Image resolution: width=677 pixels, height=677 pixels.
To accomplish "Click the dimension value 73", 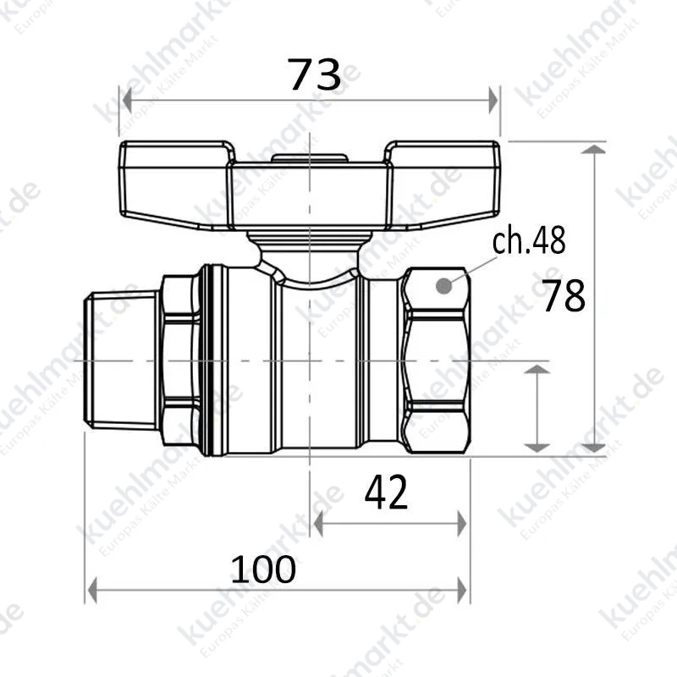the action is [314, 74].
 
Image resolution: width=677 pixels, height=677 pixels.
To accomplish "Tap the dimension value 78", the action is [564, 295].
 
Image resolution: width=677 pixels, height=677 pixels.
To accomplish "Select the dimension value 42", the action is [386, 493].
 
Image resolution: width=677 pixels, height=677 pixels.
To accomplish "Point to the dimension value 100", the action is [263, 569].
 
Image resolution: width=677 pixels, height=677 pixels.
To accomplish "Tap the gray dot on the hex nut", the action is [443, 285].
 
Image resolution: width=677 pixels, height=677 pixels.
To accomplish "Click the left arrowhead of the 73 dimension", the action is [127, 100].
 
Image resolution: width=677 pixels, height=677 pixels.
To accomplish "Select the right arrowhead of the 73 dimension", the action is [493, 100].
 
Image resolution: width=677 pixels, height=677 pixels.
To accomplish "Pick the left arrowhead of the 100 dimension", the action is [92, 591].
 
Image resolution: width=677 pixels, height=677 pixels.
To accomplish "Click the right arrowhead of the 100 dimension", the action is [462, 591].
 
